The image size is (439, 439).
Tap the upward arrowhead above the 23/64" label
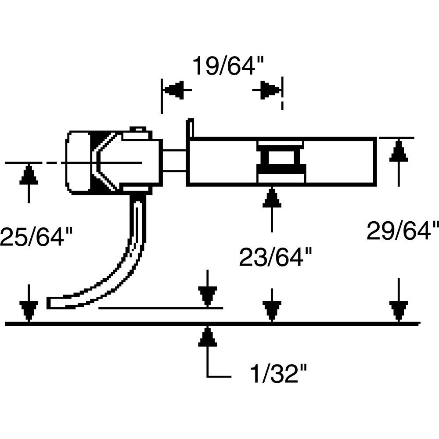[272, 198]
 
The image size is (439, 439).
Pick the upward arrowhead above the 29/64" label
[398, 151]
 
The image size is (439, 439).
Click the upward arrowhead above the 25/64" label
[29, 176]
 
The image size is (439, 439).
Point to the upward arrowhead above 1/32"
[208, 338]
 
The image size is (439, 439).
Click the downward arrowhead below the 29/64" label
[398, 311]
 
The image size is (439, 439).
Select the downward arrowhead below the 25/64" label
[29, 311]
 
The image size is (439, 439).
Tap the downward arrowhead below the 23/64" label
[272, 311]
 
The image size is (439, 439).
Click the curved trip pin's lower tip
[52, 303]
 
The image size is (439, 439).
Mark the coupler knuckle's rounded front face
[77, 162]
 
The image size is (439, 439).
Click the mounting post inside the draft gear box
[280, 162]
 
